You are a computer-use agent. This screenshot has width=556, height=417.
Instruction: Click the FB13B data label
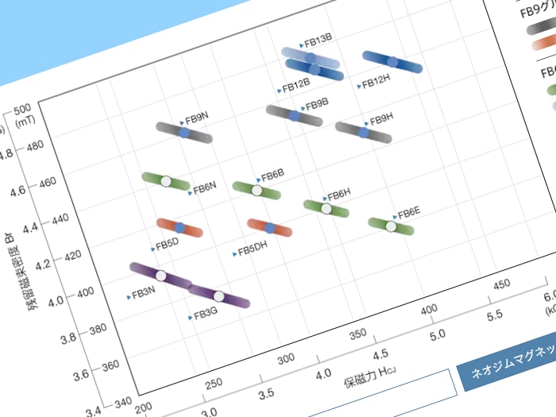pos(318,39)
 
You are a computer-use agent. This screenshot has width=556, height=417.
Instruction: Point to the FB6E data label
pos(408,211)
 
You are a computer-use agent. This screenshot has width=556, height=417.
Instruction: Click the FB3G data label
pos(205,314)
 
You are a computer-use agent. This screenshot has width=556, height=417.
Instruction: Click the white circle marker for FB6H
pos(326,209)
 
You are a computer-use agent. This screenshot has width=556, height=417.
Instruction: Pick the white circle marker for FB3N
pos(161,276)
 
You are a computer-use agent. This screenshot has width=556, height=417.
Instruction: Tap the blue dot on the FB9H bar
pos(364,133)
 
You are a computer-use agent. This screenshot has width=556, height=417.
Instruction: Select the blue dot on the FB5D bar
pos(180,228)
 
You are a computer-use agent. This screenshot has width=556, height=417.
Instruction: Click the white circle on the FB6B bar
pos(257,191)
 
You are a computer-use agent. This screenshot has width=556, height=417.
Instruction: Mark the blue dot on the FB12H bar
pos(392,62)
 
